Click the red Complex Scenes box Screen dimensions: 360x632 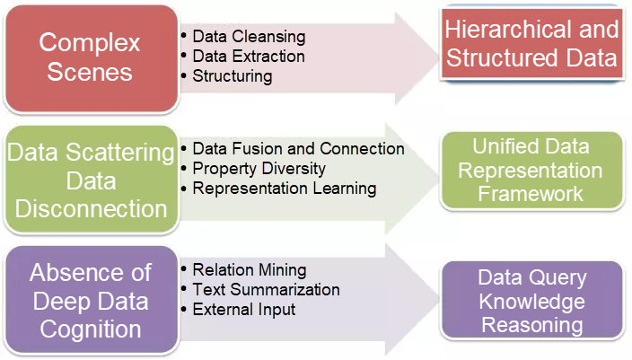tap(90, 57)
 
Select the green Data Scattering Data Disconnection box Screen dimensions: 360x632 tap(90, 180)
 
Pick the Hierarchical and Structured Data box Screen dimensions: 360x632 tap(532, 44)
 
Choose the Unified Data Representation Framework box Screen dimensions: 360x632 tap(531, 170)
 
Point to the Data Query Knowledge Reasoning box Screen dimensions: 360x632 tap(532, 301)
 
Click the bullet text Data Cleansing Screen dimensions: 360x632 tap(249, 37)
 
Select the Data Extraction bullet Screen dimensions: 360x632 tap(249, 57)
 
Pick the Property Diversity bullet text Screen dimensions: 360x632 tap(259, 169)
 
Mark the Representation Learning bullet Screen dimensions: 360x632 tap(284, 189)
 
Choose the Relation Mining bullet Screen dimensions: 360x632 tap(250, 270)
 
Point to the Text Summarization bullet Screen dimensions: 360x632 tap(266, 290)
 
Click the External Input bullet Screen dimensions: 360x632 tap(244, 310)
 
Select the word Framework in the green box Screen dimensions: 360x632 tap(531, 193)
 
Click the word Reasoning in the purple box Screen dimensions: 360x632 tap(532, 324)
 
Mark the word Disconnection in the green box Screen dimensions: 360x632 tap(90, 208)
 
